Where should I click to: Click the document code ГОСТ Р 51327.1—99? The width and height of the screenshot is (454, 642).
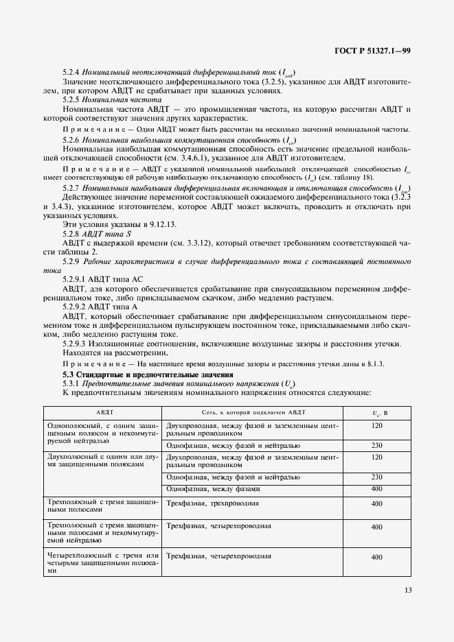[372, 51]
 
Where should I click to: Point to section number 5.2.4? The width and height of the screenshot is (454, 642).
[73, 73]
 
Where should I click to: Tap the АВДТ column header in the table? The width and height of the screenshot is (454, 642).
[101, 413]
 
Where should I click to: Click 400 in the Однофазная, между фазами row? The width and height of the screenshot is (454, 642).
[376, 489]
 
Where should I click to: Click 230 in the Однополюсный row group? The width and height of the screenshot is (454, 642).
[376, 445]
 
